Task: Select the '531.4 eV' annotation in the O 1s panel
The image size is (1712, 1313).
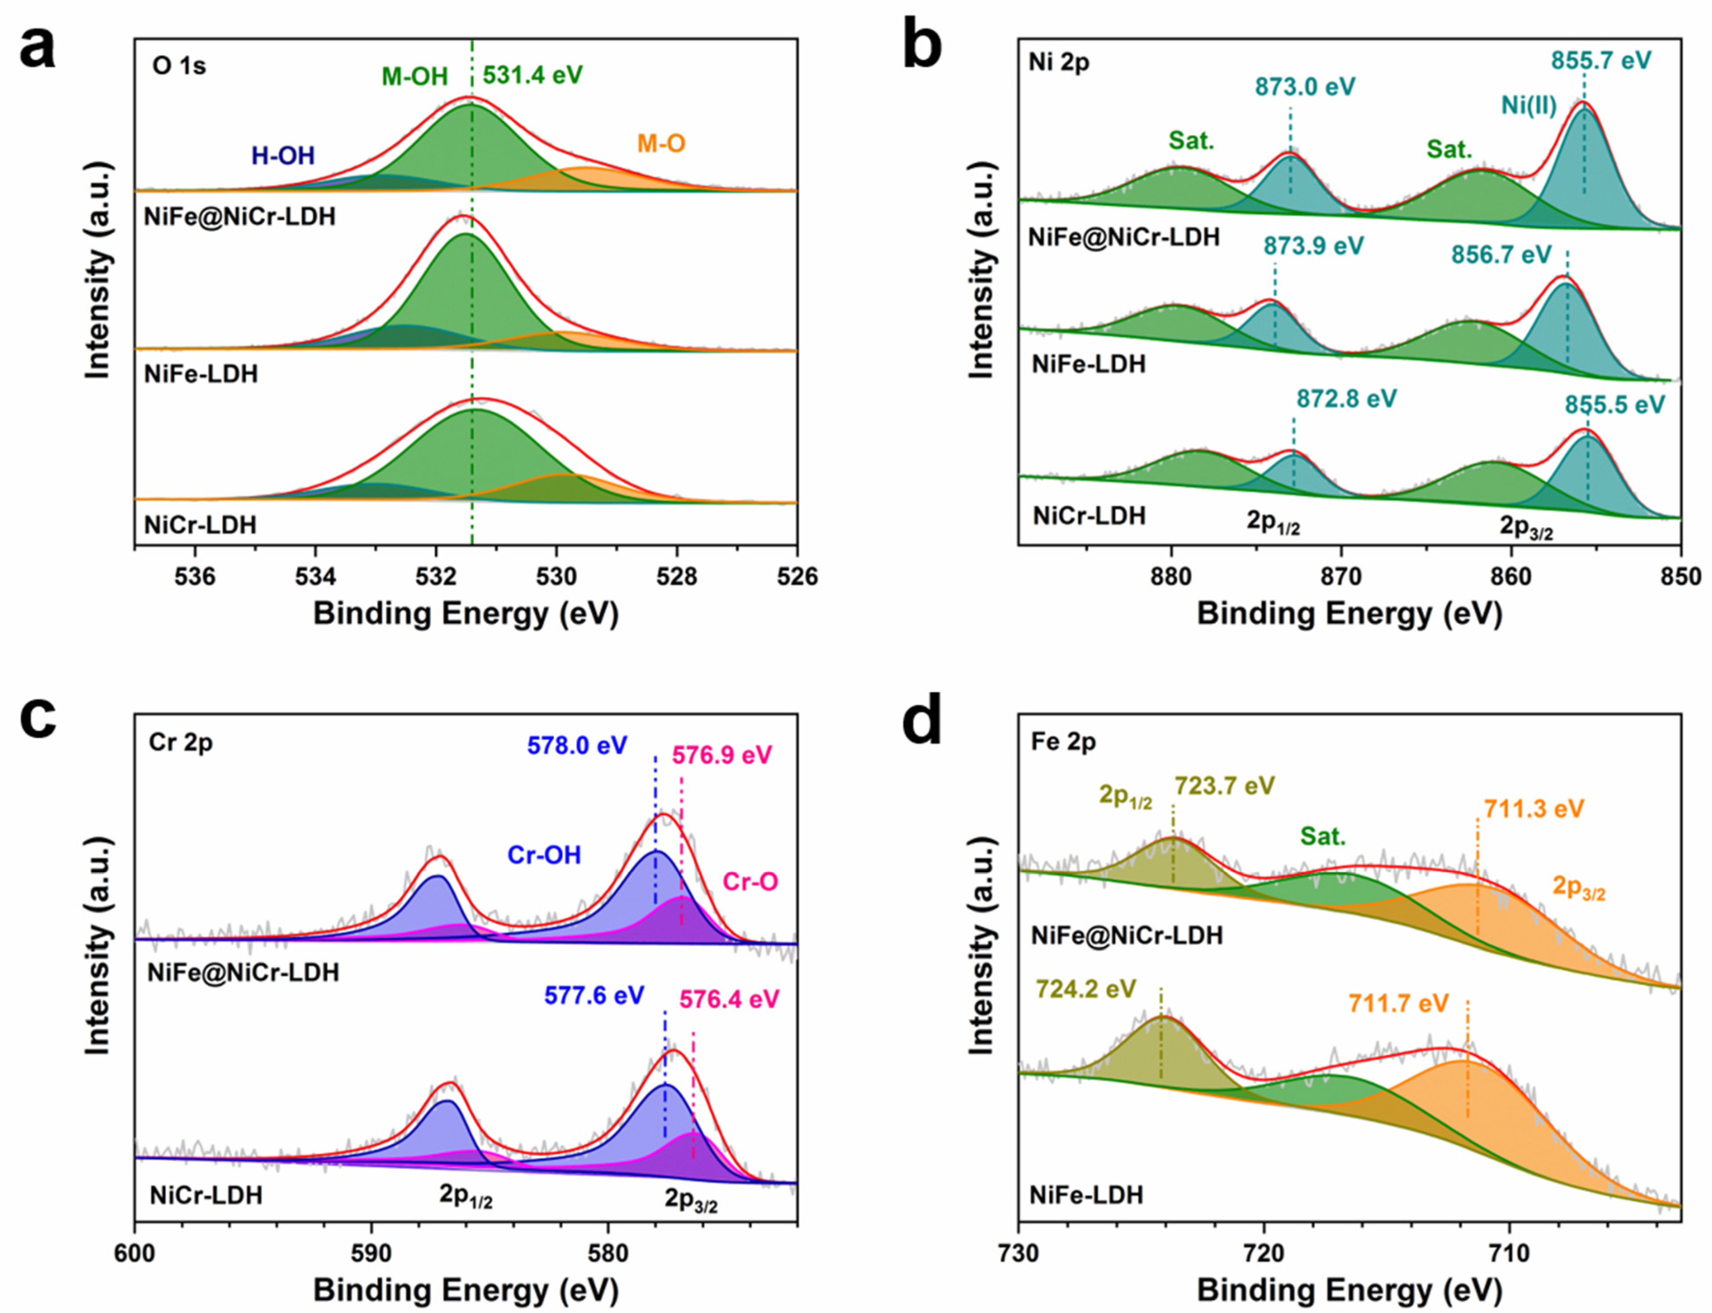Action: (533, 76)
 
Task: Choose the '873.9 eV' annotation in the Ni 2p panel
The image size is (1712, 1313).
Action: (1313, 247)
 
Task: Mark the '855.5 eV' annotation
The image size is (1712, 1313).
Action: (1615, 405)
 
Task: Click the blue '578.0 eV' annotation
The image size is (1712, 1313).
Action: (577, 745)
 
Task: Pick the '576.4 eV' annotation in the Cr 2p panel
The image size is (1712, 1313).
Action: (729, 999)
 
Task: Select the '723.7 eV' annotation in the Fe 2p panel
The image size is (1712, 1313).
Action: (1225, 785)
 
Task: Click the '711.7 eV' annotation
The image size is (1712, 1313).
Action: (1399, 1003)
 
